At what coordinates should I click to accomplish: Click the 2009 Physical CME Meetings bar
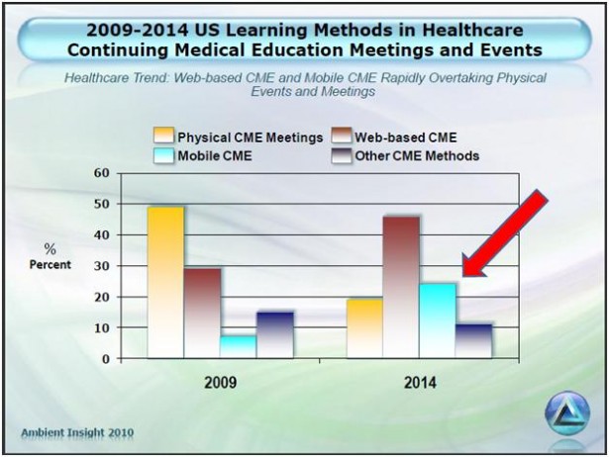[x=165, y=282]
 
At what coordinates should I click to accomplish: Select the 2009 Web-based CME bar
[x=202, y=313]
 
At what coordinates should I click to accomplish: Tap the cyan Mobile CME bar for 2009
[x=239, y=347]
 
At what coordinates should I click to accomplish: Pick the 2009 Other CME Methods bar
[x=275, y=334]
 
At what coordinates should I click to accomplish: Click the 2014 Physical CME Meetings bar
[x=364, y=328]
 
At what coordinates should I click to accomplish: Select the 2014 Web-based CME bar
[x=401, y=287]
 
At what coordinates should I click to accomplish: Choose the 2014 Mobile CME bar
[x=438, y=320]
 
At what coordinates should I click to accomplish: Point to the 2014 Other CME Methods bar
[x=473, y=341]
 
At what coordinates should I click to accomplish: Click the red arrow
[x=505, y=233]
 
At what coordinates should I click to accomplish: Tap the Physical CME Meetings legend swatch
[x=163, y=137]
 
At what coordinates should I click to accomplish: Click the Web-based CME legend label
[x=405, y=137]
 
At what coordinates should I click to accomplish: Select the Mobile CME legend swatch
[x=163, y=156]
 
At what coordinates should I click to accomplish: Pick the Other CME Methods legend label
[x=417, y=156]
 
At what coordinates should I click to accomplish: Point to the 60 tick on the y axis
[x=102, y=173]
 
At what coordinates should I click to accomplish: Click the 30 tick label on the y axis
[x=102, y=266]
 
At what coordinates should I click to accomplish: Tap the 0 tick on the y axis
[x=106, y=359]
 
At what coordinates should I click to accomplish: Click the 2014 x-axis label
[x=420, y=383]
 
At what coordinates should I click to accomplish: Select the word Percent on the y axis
[x=51, y=264]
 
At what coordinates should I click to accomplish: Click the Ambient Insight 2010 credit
[x=77, y=432]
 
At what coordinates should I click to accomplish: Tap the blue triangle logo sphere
[x=567, y=413]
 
